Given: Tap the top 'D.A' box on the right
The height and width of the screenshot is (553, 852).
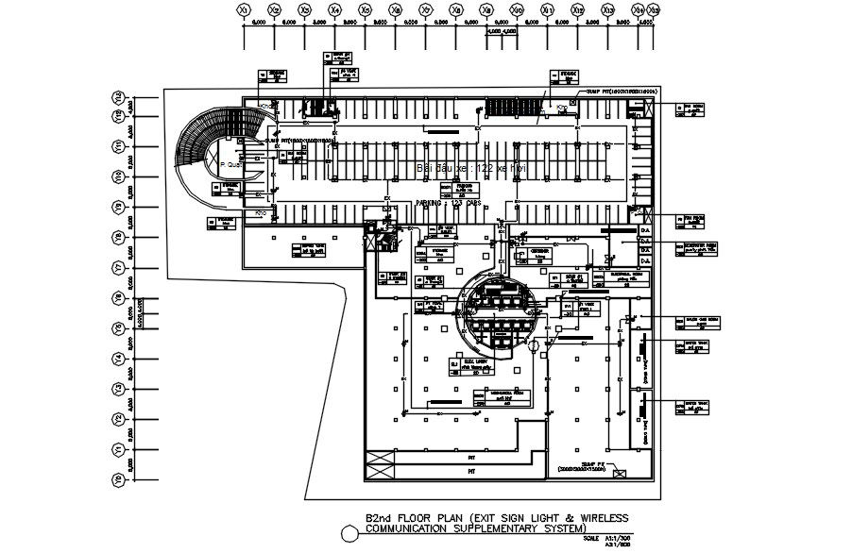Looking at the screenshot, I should coord(646,230).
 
